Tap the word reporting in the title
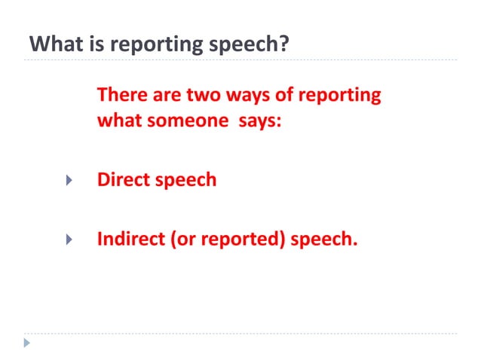[x=153, y=44]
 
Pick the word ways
[x=240, y=96]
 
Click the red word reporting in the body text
[x=339, y=96]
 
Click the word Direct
[x=124, y=181]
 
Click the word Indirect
[x=131, y=240]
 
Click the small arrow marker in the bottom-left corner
[x=28, y=343]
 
